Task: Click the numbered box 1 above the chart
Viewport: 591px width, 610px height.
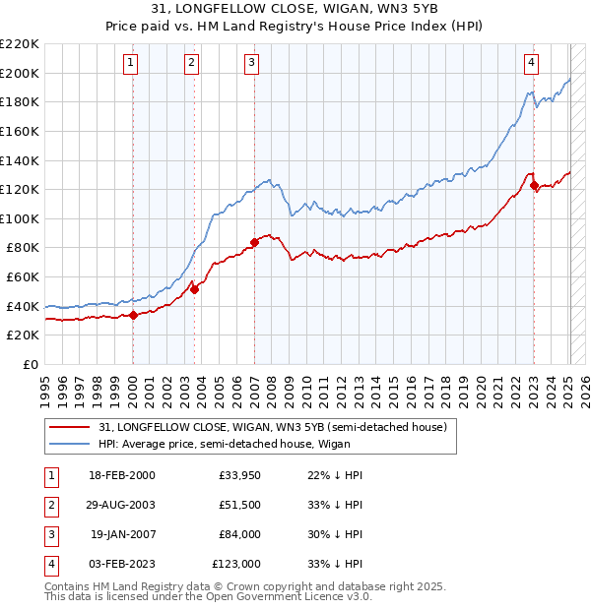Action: pos(132,63)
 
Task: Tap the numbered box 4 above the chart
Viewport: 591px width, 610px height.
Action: pos(532,63)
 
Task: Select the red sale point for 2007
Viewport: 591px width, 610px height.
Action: pos(254,241)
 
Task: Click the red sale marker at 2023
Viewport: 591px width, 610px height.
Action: pos(534,185)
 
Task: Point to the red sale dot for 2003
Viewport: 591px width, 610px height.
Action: pos(195,289)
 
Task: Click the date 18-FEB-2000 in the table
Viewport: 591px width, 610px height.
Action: pos(121,475)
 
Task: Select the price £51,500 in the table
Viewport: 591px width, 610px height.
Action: pos(239,505)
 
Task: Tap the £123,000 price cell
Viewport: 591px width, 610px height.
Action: pos(236,564)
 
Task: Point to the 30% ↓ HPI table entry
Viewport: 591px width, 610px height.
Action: pos(336,534)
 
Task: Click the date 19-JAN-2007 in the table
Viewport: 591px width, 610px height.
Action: pos(122,534)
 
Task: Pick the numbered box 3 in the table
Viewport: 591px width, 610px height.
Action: pos(49,534)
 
